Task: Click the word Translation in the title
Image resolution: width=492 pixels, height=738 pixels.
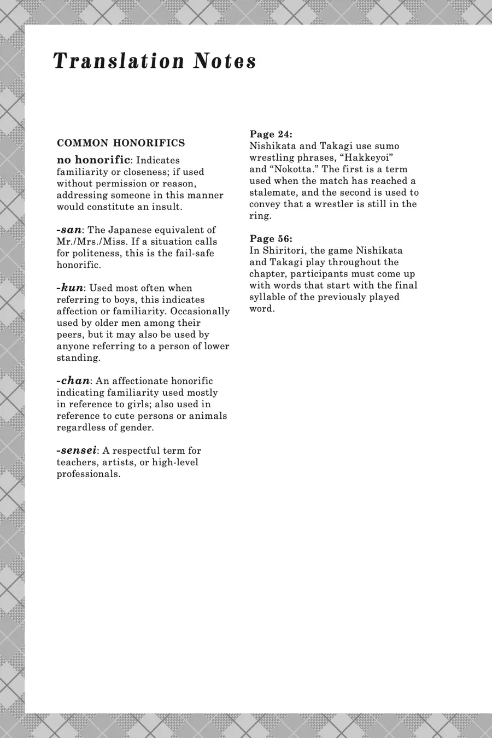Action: [x=119, y=61]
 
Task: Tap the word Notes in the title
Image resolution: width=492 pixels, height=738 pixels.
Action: [x=224, y=61]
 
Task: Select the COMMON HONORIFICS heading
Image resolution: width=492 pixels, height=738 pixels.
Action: [x=121, y=143]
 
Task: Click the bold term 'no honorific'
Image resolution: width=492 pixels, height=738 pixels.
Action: [x=93, y=160]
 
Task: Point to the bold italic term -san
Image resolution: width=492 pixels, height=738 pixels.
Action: [x=68, y=230]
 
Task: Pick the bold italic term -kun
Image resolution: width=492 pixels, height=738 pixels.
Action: [x=69, y=288]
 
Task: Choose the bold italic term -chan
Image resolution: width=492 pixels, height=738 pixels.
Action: [x=73, y=380]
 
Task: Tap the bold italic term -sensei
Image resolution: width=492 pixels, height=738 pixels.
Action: [x=77, y=450]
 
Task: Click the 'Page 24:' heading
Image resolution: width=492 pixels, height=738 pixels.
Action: [x=271, y=134]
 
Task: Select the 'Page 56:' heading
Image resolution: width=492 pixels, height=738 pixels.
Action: [x=271, y=238]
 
